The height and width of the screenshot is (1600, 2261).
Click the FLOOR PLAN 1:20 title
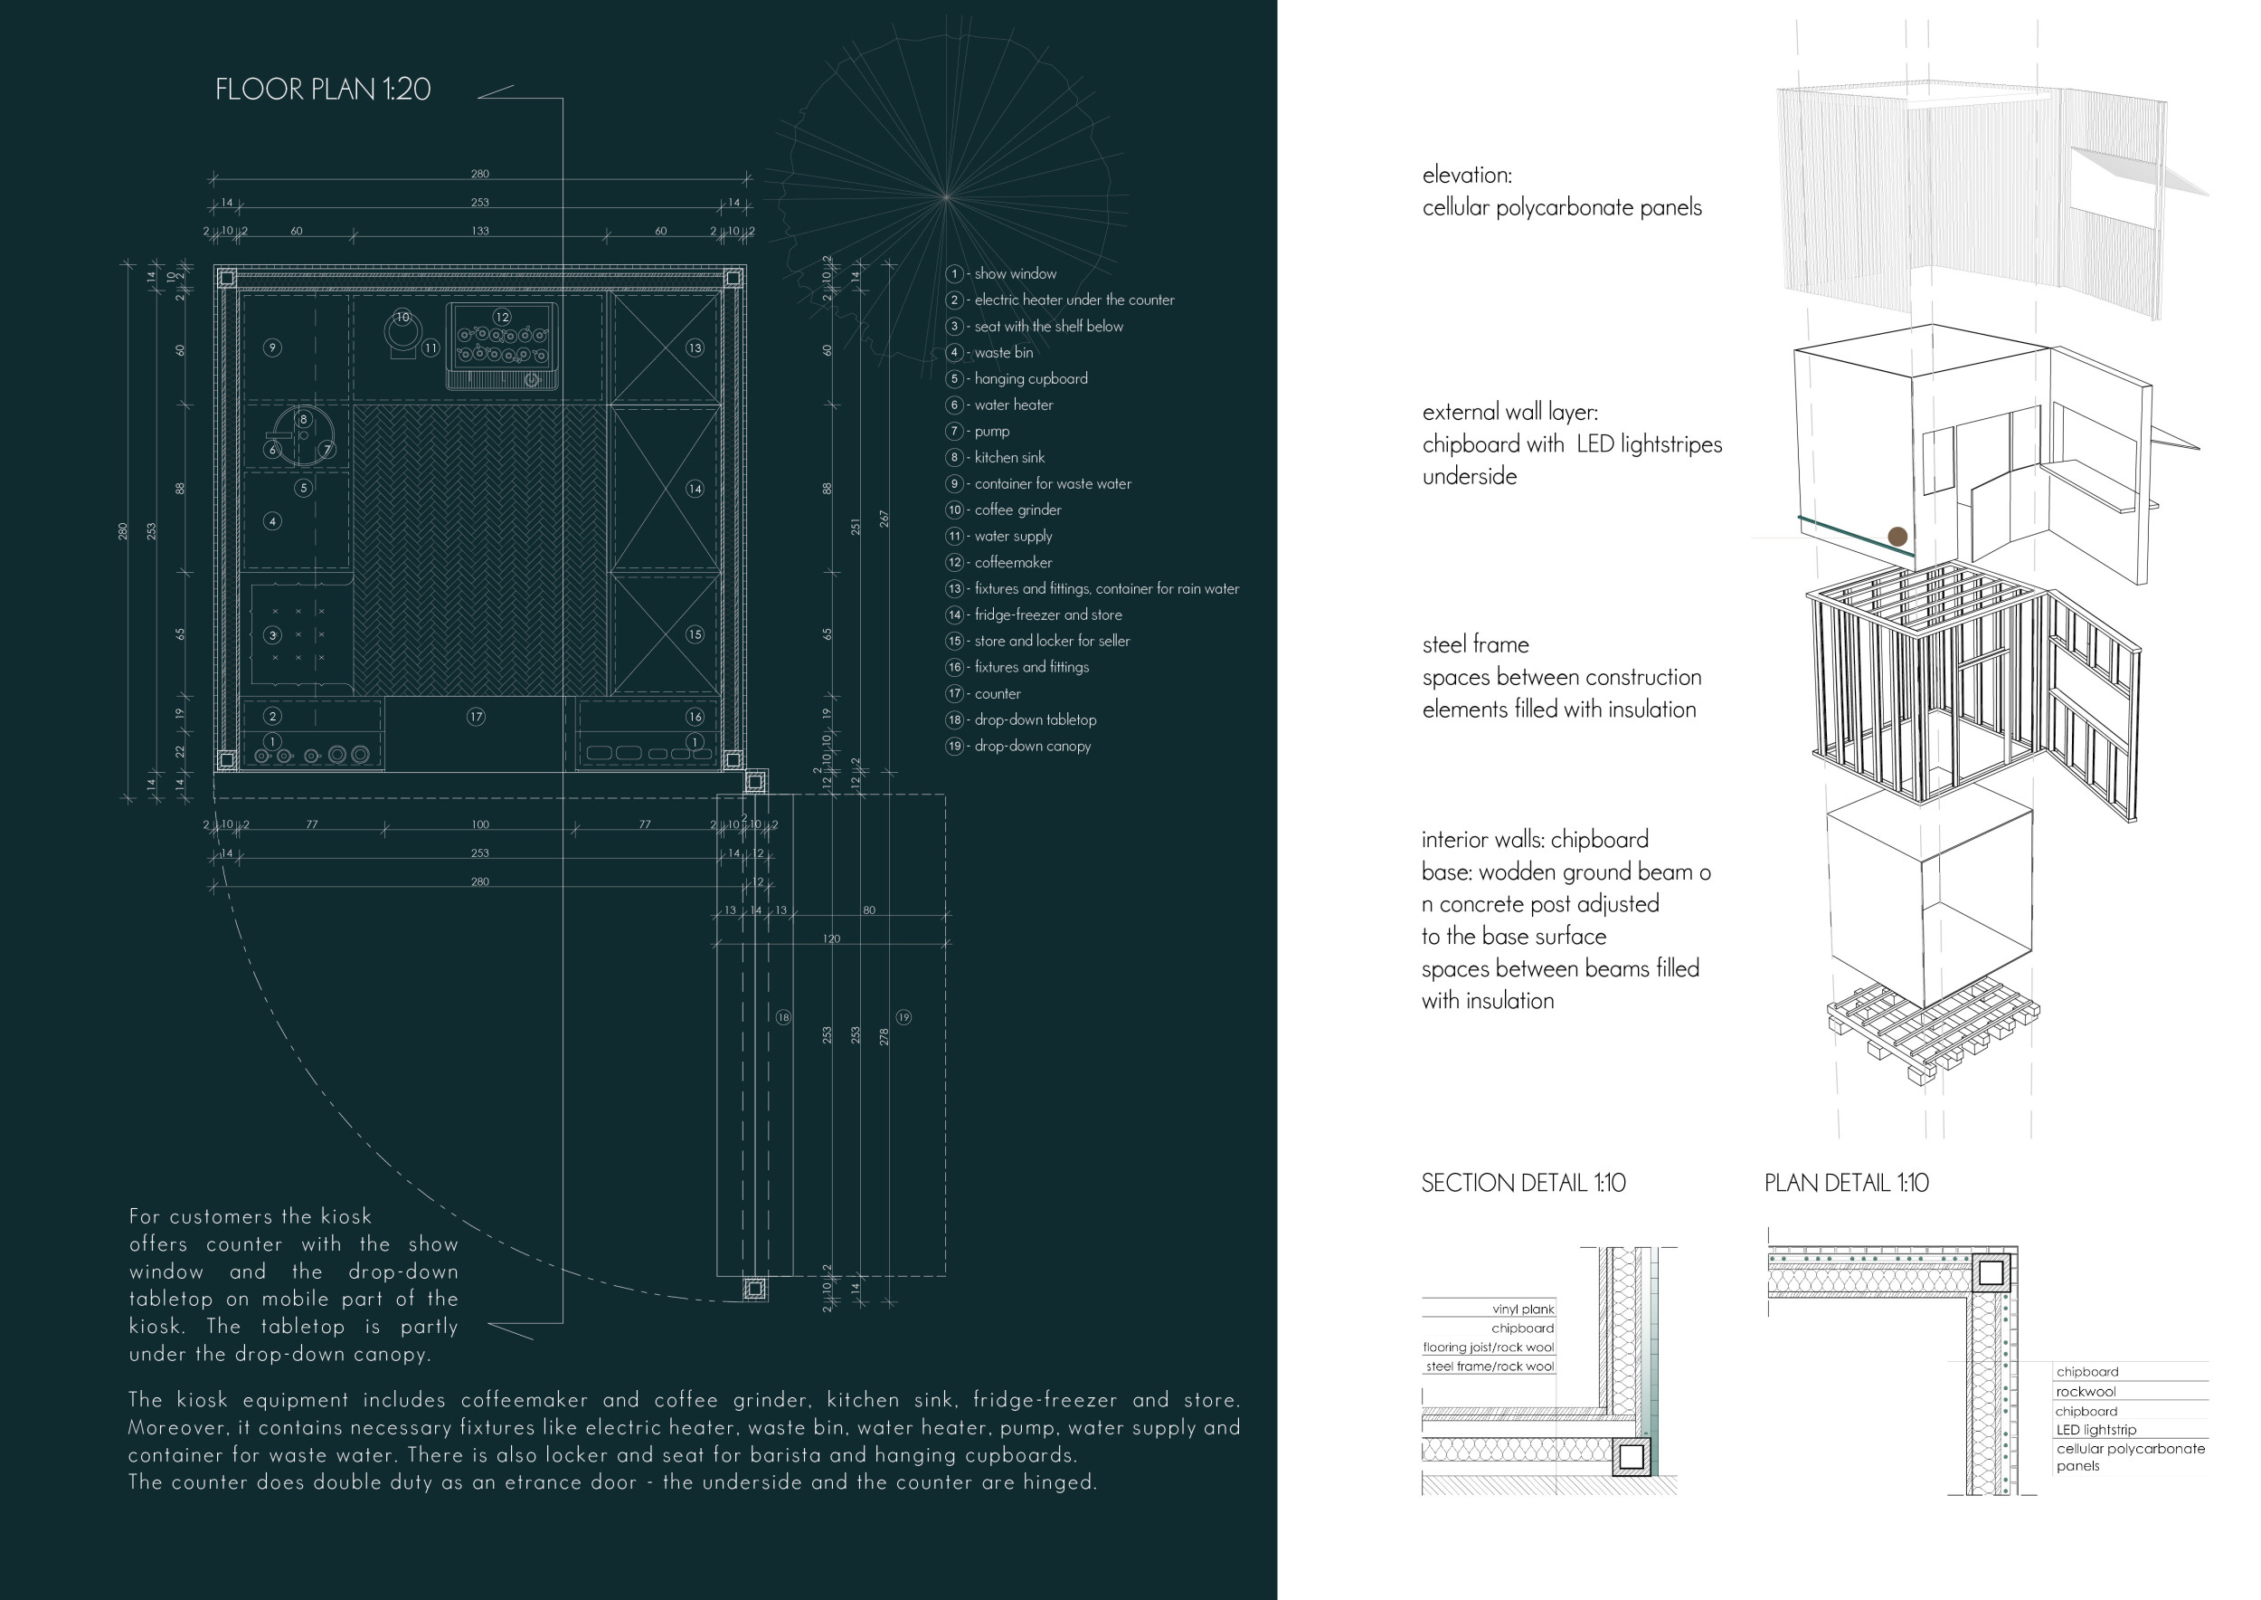pyautogui.click(x=322, y=90)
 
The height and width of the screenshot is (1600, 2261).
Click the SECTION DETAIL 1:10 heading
pyautogui.click(x=1522, y=1182)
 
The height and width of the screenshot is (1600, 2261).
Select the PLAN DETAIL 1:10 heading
pyautogui.click(x=1846, y=1182)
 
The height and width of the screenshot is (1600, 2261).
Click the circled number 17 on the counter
pyautogui.click(x=476, y=718)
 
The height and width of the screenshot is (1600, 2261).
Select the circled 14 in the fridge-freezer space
pyautogui.click(x=695, y=489)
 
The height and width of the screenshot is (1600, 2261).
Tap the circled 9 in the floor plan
pyautogui.click(x=273, y=348)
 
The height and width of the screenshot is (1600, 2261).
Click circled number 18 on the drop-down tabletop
pyautogui.click(x=783, y=1017)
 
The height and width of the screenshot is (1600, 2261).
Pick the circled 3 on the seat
pyautogui.click(x=273, y=635)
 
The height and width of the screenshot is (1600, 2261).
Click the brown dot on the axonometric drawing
pyautogui.click(x=1897, y=537)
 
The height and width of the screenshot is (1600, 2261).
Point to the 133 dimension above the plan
pyautogui.click(x=479, y=232)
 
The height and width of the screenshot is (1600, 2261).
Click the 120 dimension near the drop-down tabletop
pyautogui.click(x=831, y=939)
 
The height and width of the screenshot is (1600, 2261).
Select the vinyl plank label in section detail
pyautogui.click(x=1522, y=1310)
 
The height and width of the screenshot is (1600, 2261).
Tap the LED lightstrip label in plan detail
pyautogui.click(x=2095, y=1430)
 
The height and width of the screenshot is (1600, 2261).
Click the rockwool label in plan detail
pyautogui.click(x=2085, y=1391)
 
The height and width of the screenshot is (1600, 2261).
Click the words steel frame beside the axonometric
pyautogui.click(x=1475, y=644)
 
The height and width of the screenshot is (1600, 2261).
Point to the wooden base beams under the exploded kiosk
pyautogui.click(x=1930, y=1034)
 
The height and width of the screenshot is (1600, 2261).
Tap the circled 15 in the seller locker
pyautogui.click(x=695, y=634)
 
